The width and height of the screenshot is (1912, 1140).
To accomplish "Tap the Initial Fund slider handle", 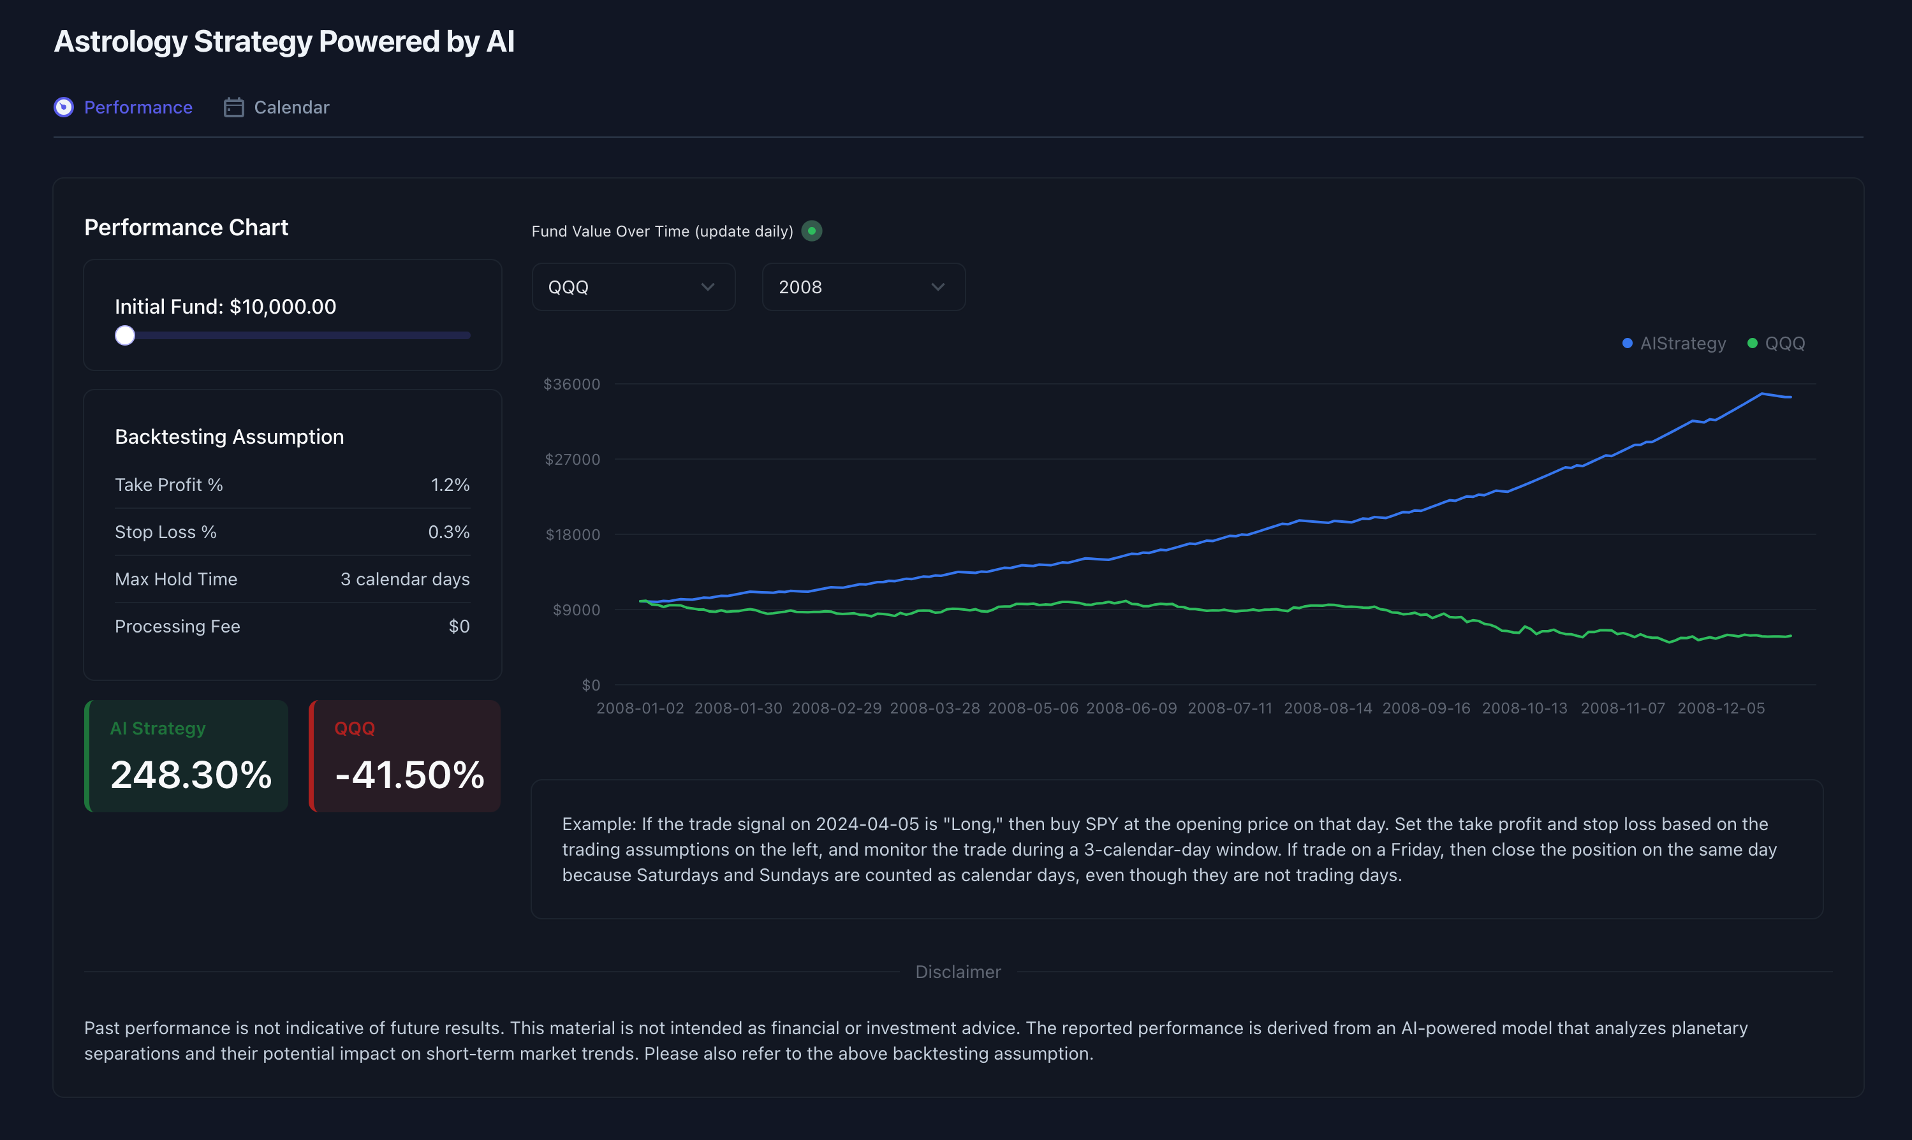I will [x=125, y=336].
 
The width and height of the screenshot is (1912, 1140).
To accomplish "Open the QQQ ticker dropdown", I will [x=633, y=288].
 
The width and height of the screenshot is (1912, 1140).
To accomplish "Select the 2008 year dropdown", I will [x=863, y=288].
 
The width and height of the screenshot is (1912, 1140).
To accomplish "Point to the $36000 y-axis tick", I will [x=571, y=384].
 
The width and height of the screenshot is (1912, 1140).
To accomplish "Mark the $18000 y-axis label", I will [x=572, y=535].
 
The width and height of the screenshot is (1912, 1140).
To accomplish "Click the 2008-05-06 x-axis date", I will [x=1033, y=708].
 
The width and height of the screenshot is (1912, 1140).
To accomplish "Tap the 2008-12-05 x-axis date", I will [x=1721, y=708].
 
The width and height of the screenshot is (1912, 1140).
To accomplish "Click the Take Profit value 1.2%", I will [x=450, y=485].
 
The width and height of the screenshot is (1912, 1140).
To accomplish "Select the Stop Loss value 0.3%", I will [x=448, y=532].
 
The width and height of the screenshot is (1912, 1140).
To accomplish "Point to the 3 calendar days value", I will [x=405, y=579].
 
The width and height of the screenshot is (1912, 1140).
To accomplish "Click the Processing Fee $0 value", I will [x=459, y=627].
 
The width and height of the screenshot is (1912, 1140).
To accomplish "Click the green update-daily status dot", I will [x=811, y=231].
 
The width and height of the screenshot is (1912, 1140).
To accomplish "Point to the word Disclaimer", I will [x=958, y=972].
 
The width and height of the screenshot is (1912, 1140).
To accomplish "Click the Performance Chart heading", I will [x=186, y=228].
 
